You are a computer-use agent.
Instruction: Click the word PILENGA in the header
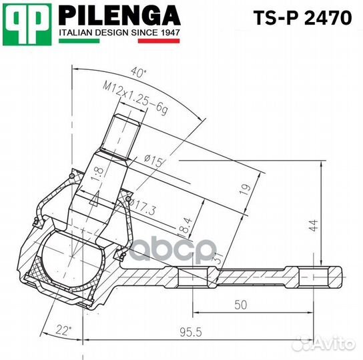pyautogui.click(x=119, y=15)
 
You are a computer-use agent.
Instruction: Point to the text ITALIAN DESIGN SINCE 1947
pyautogui.click(x=119, y=32)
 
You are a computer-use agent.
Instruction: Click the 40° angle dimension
pyautogui.click(x=139, y=72)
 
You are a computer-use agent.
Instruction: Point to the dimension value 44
pyautogui.click(x=314, y=226)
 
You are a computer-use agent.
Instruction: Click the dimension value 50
pyautogui.click(x=241, y=305)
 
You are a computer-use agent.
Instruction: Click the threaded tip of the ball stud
pyautogui.click(x=125, y=131)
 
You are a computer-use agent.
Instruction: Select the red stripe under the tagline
pyautogui.click(x=159, y=41)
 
